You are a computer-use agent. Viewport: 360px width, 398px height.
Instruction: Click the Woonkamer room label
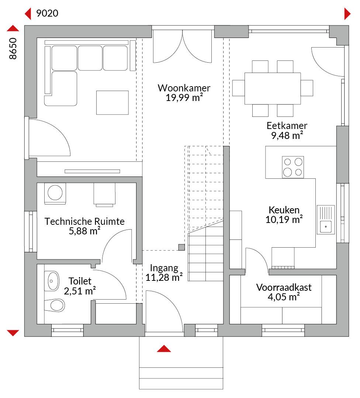click(184, 88)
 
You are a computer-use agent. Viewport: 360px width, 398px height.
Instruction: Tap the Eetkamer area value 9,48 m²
click(287, 135)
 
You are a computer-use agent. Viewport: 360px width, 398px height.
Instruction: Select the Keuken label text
click(284, 210)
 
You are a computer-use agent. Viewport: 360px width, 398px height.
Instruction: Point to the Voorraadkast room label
click(284, 287)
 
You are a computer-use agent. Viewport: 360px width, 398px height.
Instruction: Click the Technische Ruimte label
click(84, 221)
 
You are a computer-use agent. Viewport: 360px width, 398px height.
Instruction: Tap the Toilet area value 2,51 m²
click(80, 291)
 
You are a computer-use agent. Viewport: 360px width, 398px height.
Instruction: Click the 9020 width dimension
click(47, 13)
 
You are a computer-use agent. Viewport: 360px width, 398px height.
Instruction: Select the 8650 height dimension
click(13, 49)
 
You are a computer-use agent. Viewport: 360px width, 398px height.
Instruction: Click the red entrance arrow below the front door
click(164, 349)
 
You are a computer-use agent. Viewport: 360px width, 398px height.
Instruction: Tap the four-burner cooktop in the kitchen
click(293, 167)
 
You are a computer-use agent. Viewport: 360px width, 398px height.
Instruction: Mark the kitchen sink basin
click(326, 226)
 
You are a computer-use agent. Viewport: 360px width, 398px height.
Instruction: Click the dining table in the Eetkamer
click(273, 88)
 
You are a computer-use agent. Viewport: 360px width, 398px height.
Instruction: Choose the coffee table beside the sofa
click(112, 102)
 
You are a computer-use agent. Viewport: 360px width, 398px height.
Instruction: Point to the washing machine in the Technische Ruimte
click(55, 193)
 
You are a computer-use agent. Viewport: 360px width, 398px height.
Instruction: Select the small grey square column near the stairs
click(181, 247)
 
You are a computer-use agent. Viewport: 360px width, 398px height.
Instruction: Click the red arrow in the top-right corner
click(347, 14)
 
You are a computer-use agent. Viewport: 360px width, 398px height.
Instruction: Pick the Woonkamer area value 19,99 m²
click(184, 98)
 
